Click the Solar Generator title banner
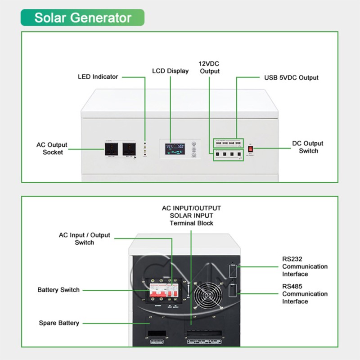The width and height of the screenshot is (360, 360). (82, 18)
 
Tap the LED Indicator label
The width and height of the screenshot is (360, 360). (98, 76)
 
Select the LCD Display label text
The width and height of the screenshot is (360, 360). (170, 71)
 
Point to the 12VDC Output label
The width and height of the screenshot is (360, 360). (210, 67)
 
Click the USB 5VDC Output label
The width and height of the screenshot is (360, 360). (291, 77)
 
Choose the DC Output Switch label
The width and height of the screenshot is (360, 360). (308, 147)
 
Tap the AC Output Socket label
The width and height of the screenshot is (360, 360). (52, 148)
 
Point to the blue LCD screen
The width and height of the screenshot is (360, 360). (175, 149)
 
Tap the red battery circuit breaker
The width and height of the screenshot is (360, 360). (155, 293)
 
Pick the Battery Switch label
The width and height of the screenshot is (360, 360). (58, 290)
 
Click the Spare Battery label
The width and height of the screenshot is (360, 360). (59, 323)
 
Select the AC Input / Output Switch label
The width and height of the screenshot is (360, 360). (84, 238)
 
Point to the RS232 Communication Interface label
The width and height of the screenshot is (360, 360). (305, 266)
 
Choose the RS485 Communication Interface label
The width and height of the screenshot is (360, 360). (305, 294)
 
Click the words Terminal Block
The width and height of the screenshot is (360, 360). (191, 223)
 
